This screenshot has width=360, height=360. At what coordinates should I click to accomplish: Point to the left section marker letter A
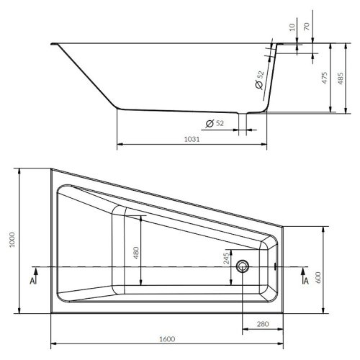pos(32,280)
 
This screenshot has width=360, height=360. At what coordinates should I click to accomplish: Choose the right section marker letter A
pos(306,280)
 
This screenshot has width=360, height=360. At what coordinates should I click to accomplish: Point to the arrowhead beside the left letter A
pos(32,271)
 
